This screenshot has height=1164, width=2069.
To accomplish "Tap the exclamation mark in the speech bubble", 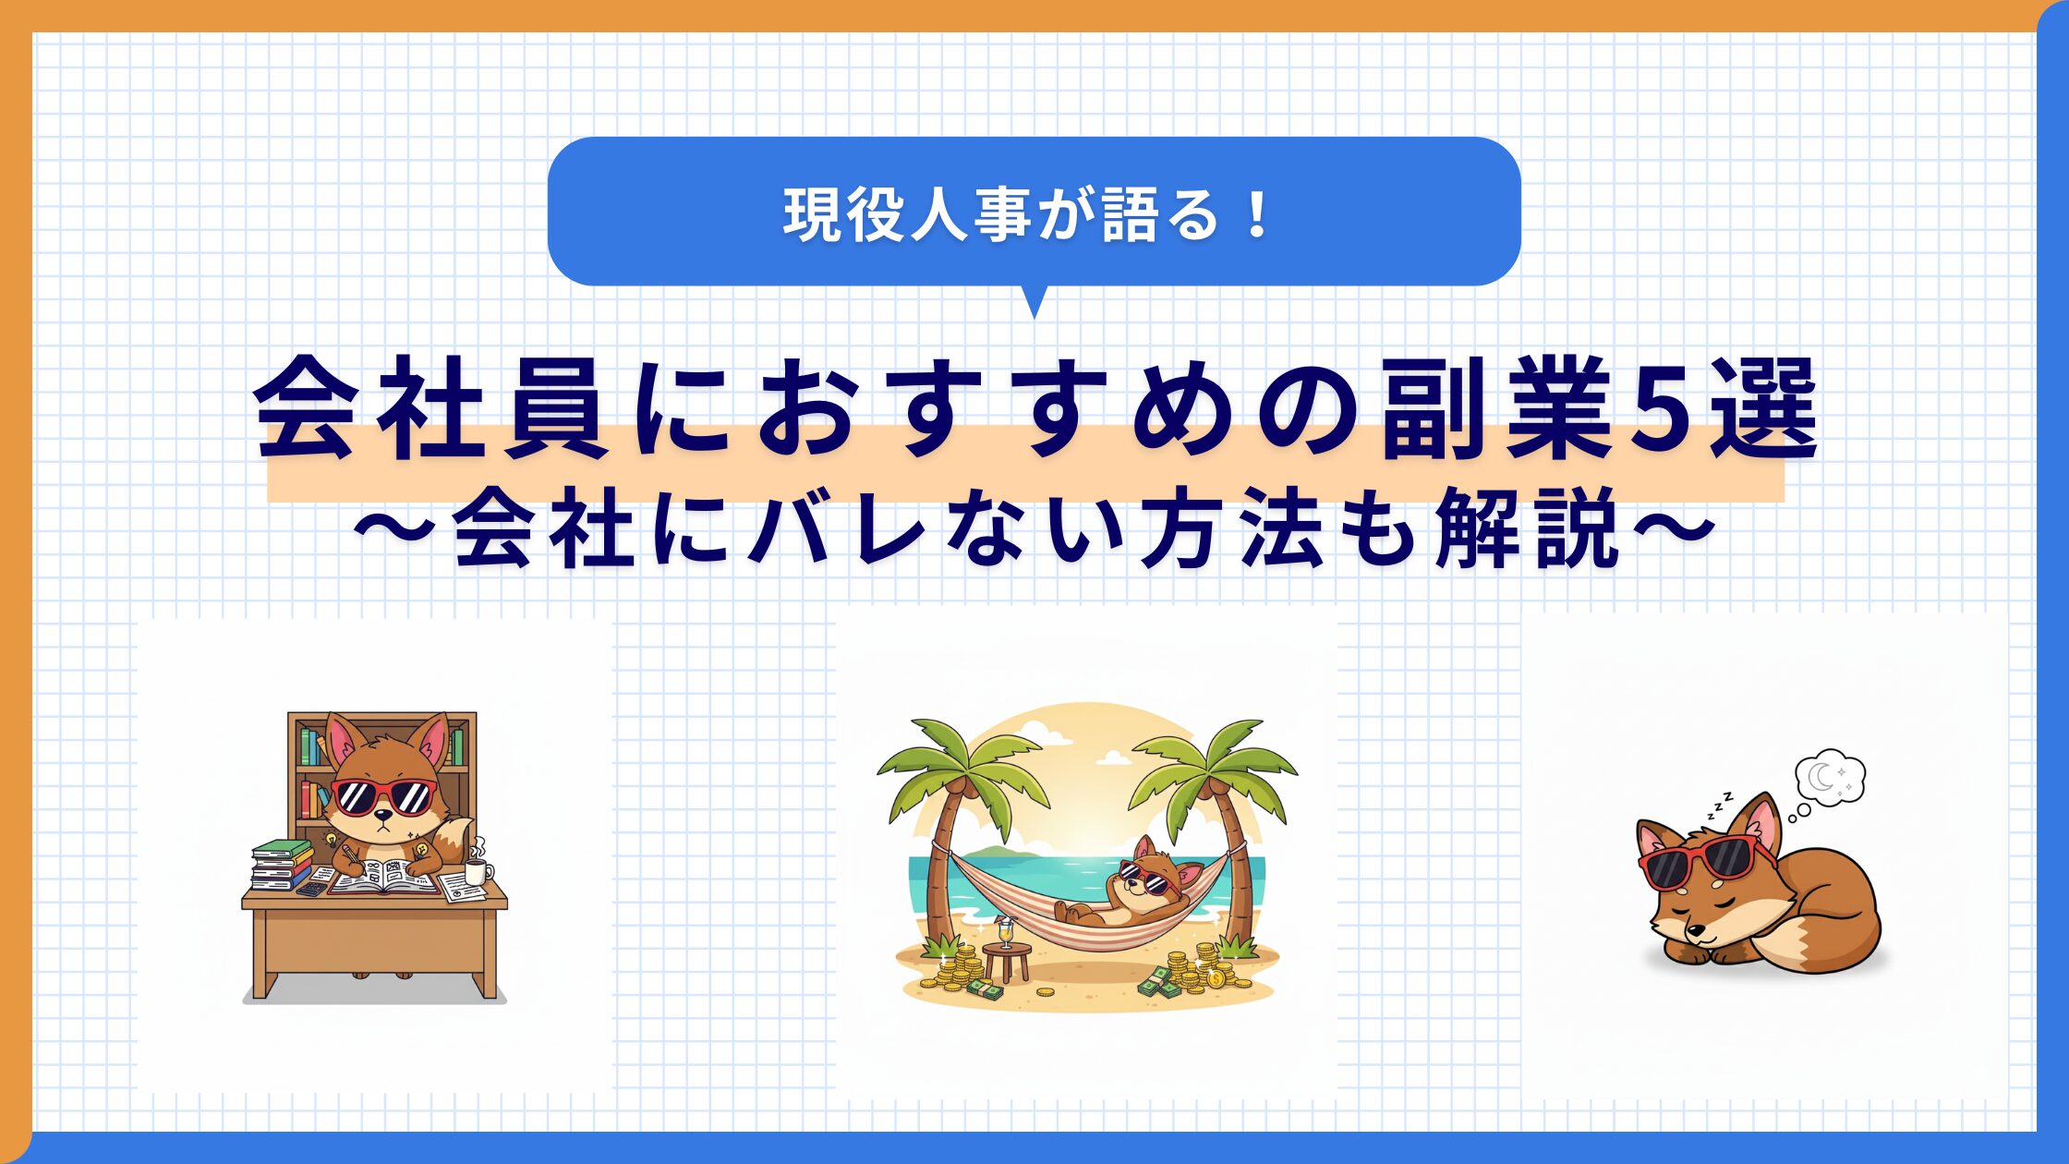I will pos(1256,215).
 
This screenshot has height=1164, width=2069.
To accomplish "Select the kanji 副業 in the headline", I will pos(1496,409).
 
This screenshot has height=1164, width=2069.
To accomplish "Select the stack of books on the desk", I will pos(281,864).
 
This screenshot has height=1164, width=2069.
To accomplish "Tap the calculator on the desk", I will pos(311,889).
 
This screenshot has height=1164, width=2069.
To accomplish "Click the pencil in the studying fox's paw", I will pos(351,855).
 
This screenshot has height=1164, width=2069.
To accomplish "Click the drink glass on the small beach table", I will pos(1005,933).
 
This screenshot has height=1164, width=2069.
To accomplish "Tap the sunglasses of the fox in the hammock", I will pos(1145,879).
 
